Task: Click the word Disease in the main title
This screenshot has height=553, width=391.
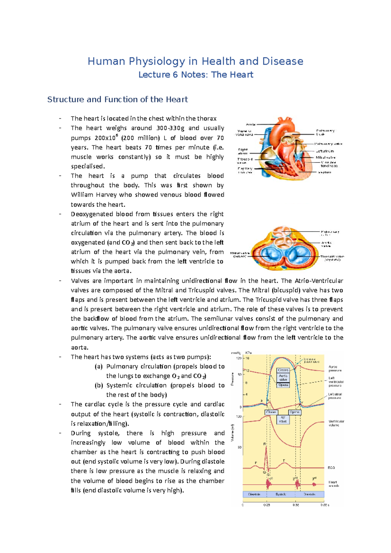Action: click(x=283, y=61)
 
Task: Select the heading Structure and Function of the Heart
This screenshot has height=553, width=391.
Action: click(x=118, y=99)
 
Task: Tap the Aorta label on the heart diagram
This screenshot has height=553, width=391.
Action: click(x=251, y=124)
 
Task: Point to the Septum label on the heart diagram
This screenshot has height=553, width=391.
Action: click(x=325, y=172)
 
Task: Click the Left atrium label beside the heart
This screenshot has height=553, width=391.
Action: click(x=325, y=151)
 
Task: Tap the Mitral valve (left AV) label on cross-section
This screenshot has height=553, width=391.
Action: click(x=240, y=254)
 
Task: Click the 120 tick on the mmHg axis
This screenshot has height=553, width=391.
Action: click(x=239, y=358)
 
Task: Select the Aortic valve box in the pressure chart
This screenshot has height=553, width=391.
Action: click(x=283, y=378)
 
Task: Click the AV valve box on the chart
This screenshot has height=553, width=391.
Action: click(x=283, y=419)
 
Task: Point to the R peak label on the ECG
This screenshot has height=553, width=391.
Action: click(x=265, y=444)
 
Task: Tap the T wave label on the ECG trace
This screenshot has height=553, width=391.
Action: click(x=284, y=461)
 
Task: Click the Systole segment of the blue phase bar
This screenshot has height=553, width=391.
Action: click(x=281, y=494)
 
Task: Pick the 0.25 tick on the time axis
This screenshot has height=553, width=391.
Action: click(x=267, y=505)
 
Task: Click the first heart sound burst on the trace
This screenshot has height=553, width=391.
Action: click(x=268, y=485)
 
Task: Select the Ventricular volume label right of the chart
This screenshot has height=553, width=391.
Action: click(x=336, y=423)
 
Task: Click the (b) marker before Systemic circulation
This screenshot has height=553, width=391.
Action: click(x=99, y=385)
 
